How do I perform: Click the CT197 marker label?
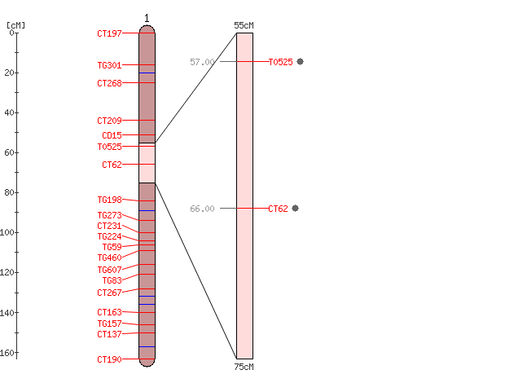click(109, 33)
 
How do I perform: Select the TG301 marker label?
click(109, 65)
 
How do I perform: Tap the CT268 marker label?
click(109, 83)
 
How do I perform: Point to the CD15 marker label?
click(112, 135)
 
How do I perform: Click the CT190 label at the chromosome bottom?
click(109, 359)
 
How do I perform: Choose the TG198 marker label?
click(109, 200)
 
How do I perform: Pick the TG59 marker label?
click(112, 247)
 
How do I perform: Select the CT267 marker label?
click(109, 293)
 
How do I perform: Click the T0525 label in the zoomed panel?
click(281, 62)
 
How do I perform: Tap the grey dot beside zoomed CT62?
click(296, 209)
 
